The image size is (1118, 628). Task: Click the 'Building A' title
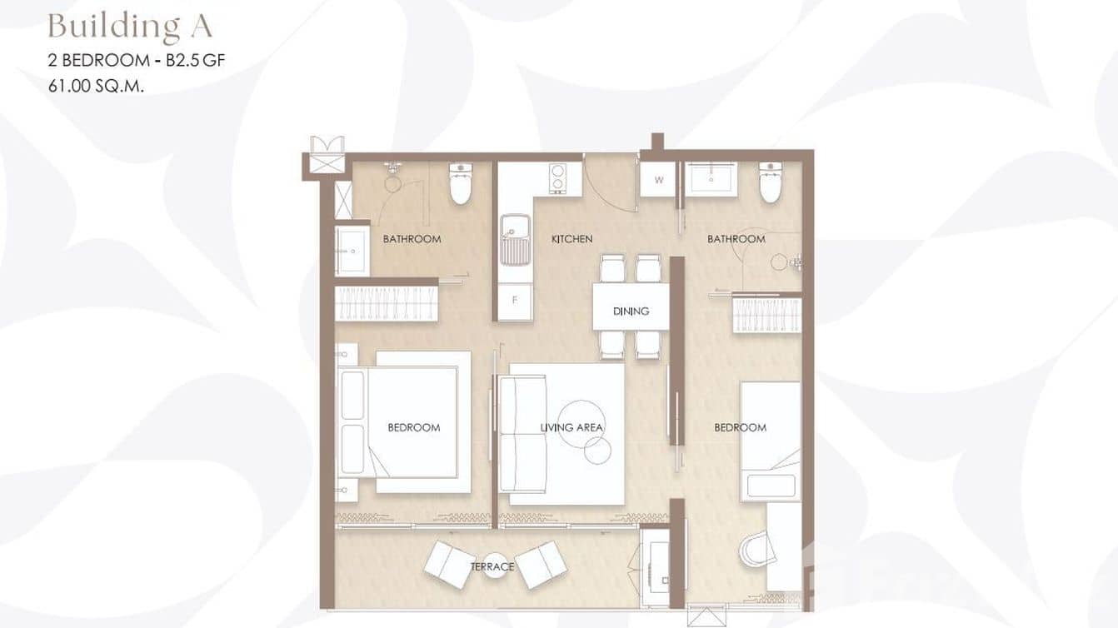(130, 26)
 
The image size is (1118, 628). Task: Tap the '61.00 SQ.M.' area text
(97, 84)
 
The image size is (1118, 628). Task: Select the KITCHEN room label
(572, 239)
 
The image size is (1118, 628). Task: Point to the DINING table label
(631, 311)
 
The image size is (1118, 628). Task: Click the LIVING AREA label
(571, 427)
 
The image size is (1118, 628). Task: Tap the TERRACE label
(492, 566)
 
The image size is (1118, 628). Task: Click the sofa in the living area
(520, 434)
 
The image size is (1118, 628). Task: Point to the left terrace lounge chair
(451, 563)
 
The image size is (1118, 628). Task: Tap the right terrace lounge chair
(541, 563)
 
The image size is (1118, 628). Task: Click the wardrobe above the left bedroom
(387, 303)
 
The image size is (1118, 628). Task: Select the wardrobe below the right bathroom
(766, 315)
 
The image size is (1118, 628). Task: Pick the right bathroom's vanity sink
(711, 179)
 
